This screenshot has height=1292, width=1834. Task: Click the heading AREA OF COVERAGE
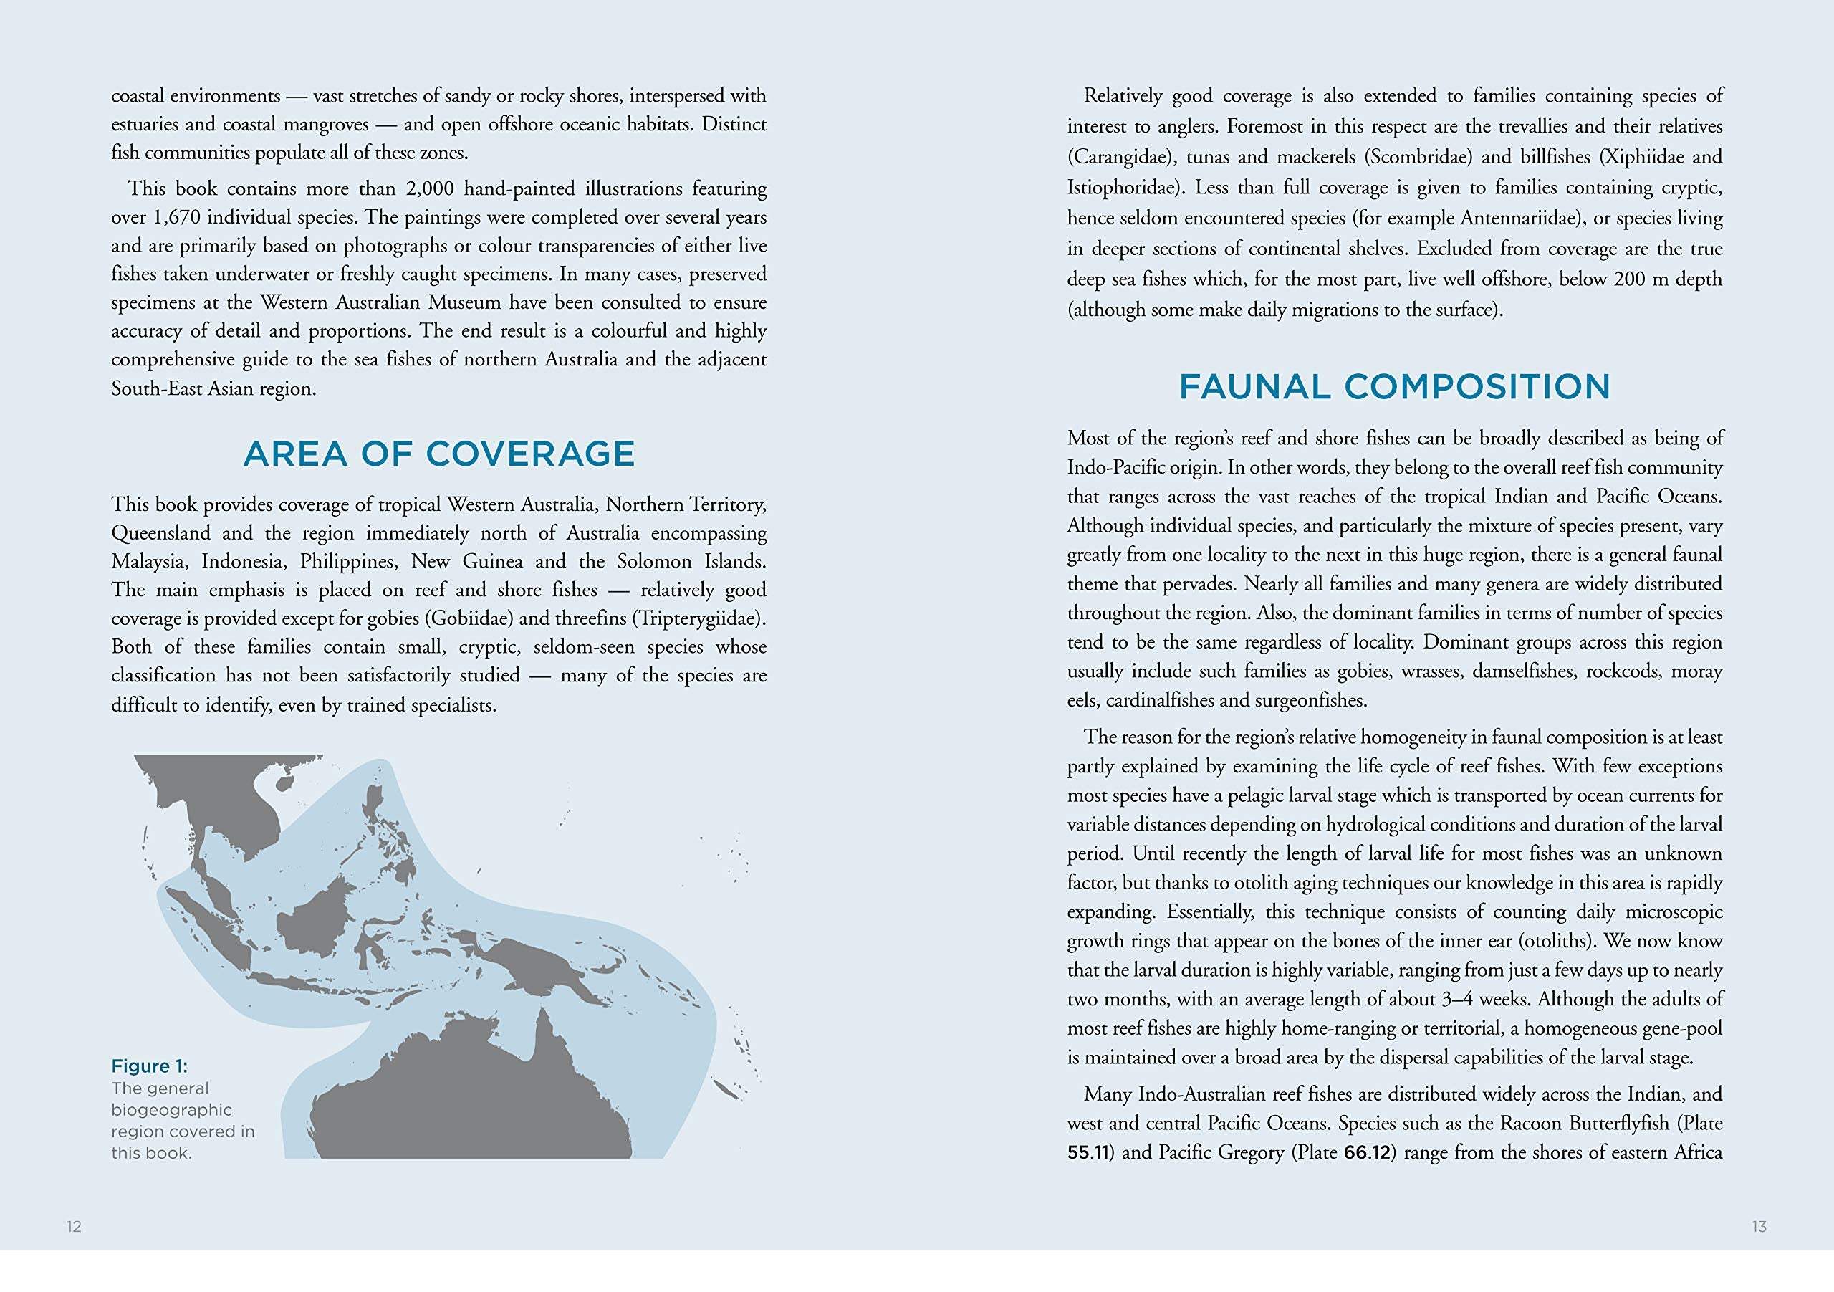click(438, 454)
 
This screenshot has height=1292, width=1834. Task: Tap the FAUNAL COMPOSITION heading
click(1394, 387)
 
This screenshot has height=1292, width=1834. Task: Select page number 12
click(74, 1227)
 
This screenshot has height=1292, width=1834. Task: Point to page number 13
click(1759, 1227)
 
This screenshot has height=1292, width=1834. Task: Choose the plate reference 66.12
click(1366, 1152)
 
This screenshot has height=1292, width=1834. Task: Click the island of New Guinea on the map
click(551, 971)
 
